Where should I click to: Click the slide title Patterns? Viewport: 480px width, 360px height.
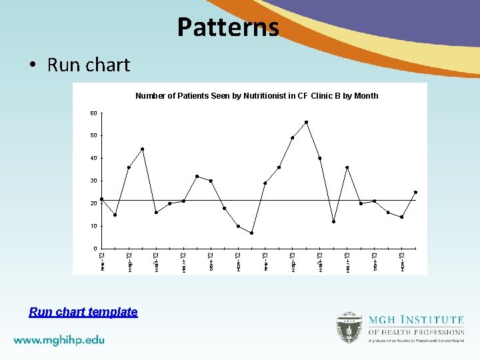point(228,27)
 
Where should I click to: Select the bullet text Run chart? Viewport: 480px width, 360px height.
point(88,65)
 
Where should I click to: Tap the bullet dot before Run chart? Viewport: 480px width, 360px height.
point(33,65)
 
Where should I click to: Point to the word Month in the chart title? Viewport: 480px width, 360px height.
point(366,96)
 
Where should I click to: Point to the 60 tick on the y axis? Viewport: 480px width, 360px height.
point(93,113)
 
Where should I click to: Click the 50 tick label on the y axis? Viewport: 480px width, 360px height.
point(93,135)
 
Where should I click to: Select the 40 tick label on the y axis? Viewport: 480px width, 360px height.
point(93,158)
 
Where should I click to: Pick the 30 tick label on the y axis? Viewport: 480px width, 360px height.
point(93,181)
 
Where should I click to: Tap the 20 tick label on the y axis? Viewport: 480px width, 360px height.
point(93,203)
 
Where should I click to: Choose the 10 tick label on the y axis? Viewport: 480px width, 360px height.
point(93,226)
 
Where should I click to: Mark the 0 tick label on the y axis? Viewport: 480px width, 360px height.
point(95,249)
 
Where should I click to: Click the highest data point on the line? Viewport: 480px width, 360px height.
point(306,122)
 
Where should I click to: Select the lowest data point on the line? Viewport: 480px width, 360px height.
point(251,233)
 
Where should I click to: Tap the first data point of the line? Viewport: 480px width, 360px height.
point(101,199)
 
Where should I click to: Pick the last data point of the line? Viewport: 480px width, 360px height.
point(415,192)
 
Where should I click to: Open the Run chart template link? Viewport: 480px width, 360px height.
point(83,312)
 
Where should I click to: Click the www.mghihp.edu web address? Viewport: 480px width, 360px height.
point(59,339)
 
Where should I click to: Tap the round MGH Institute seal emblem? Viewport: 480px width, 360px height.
point(349,327)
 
